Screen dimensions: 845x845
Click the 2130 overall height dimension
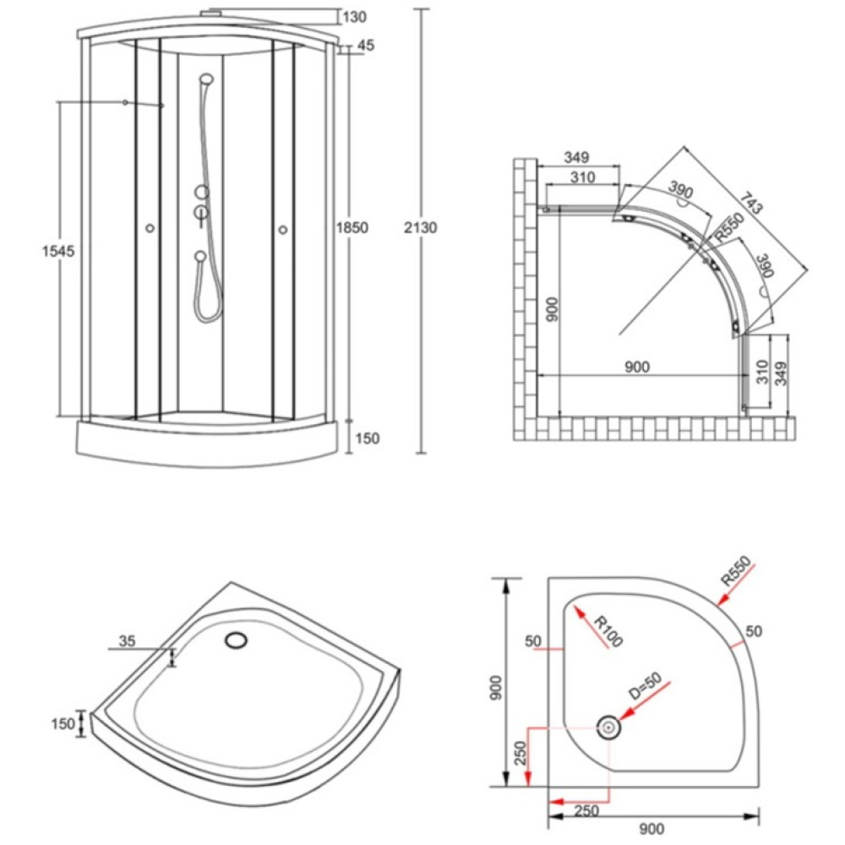[x=420, y=227]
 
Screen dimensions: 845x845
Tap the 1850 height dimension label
[x=352, y=227]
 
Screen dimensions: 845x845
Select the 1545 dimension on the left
[x=58, y=251]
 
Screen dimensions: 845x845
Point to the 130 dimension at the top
[x=355, y=17]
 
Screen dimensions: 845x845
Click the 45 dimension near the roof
[x=366, y=46]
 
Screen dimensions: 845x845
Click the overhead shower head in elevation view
[x=206, y=79]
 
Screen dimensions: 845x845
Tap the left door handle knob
[x=150, y=228]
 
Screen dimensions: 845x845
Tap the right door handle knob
[x=283, y=230]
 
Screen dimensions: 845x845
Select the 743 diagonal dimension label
[x=751, y=202]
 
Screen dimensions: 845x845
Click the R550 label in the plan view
[x=729, y=226]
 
